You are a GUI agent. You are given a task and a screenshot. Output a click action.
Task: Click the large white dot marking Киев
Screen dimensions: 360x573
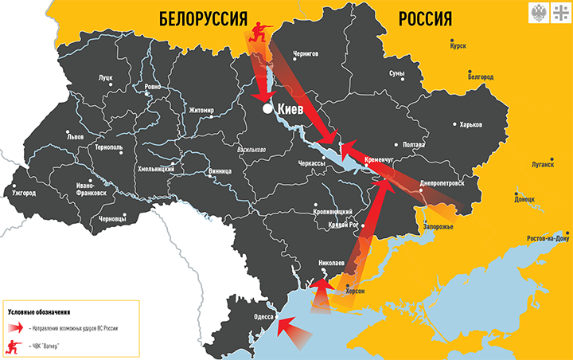point(268,108)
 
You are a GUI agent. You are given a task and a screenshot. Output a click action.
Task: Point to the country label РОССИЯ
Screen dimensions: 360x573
point(424,18)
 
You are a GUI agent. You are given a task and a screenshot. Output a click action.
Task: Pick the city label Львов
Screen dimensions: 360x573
point(75,137)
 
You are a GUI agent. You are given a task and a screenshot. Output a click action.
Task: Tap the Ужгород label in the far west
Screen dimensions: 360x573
point(24,193)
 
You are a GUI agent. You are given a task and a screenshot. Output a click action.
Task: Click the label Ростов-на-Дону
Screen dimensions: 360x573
point(548,238)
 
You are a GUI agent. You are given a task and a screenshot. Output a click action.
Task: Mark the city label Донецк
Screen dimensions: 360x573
point(524,199)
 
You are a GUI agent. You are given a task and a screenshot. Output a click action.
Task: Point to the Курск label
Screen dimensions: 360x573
point(458,46)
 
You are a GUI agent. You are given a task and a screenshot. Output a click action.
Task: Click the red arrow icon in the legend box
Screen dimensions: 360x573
point(15,327)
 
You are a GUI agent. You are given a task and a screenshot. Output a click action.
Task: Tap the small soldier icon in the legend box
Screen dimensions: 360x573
point(14,346)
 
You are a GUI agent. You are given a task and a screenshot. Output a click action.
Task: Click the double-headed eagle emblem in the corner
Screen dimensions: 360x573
point(538,12)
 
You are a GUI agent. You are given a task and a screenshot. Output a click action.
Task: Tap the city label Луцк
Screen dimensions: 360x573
point(105,78)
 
